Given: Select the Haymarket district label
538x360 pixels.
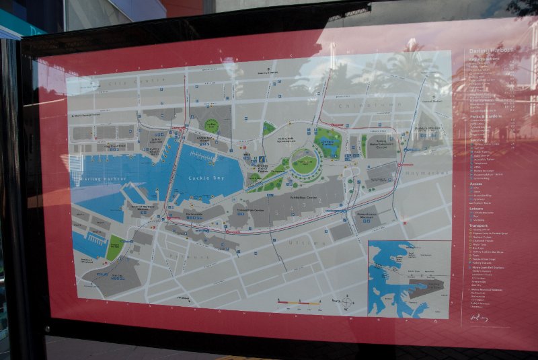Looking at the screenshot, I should pyautogui.click(x=421, y=172).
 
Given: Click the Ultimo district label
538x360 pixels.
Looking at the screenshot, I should pyautogui.click(x=301, y=242).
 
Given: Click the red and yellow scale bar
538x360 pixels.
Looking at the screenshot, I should pyautogui.click(x=300, y=304).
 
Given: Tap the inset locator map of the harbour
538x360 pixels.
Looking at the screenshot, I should pyautogui.click(x=409, y=278).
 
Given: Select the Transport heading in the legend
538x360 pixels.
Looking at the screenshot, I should pyautogui.click(x=478, y=225).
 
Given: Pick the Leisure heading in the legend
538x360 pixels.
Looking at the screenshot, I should pyautogui.click(x=477, y=207).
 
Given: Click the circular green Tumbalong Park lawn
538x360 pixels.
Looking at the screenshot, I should pyautogui.click(x=305, y=164).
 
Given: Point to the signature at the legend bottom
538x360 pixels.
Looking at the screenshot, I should pyautogui.click(x=479, y=316).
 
